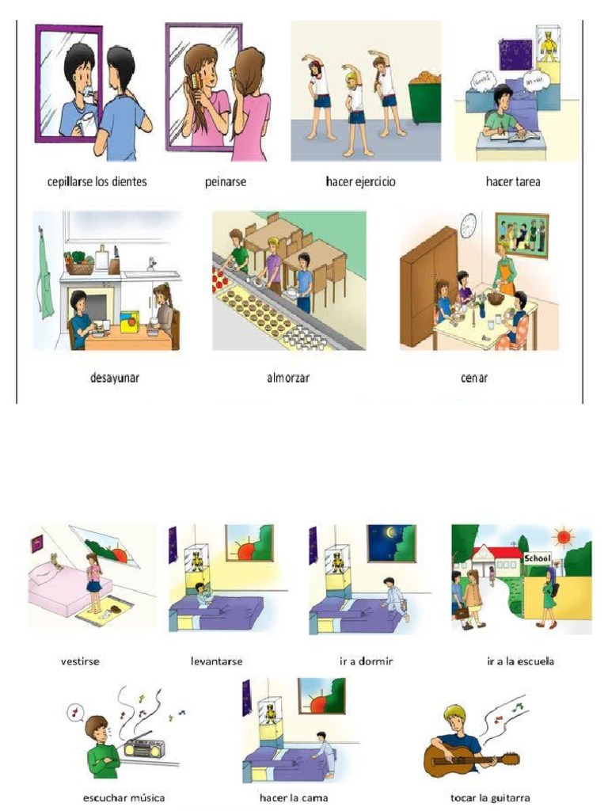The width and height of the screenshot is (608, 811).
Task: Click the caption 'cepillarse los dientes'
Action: [97, 182]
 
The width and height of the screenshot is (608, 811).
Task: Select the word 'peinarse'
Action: [226, 182]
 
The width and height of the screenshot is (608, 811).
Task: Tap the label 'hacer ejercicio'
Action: [360, 182]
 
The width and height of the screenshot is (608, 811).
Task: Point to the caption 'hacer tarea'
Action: [513, 182]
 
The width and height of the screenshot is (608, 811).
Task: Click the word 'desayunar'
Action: [114, 378]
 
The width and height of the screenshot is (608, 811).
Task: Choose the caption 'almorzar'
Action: [288, 378]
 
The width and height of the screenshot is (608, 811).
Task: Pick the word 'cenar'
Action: [474, 378]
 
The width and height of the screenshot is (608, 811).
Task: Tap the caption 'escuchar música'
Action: [123, 798]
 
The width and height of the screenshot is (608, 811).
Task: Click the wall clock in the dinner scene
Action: [469, 225]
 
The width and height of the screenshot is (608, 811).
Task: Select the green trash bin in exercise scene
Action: [424, 99]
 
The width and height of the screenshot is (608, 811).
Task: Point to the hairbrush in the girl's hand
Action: [193, 84]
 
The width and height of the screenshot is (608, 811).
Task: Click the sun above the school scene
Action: [564, 538]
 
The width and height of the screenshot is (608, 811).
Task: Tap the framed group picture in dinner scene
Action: [521, 235]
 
